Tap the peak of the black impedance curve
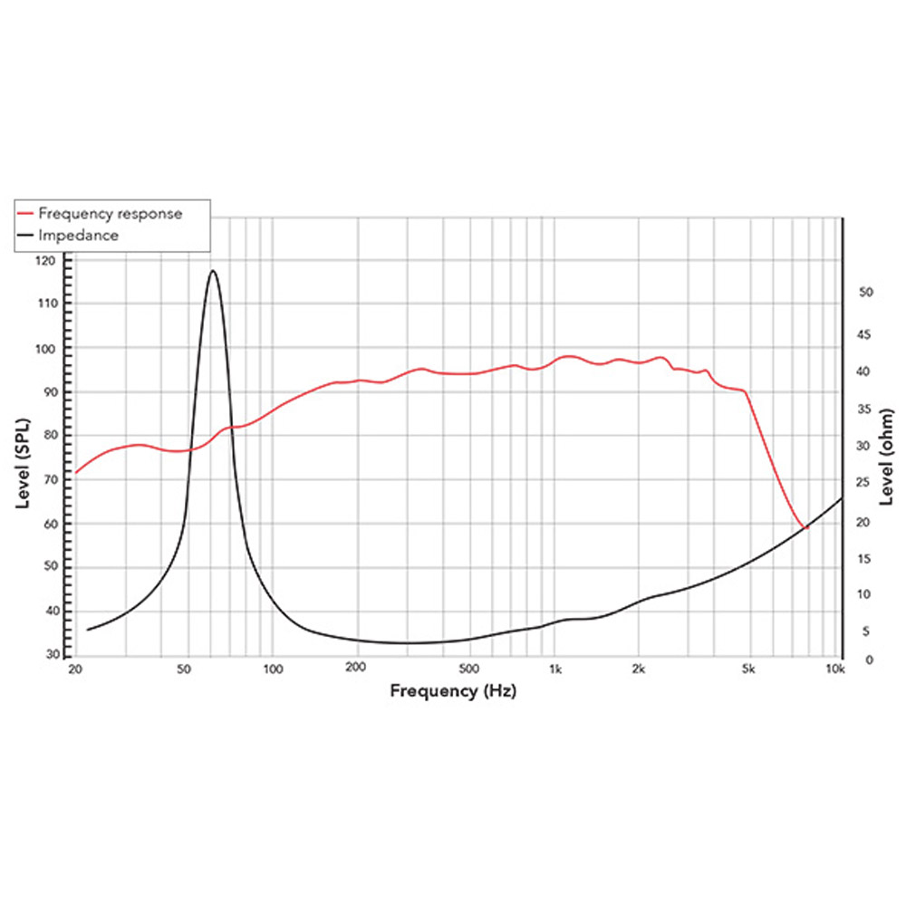coord(213,270)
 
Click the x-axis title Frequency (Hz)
coord(453,690)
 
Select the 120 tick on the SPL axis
coord(46,261)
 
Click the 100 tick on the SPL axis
coord(46,349)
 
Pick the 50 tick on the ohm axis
coord(865,293)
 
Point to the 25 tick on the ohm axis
coord(865,484)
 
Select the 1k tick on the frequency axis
coord(555,670)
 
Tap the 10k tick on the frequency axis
coord(835,670)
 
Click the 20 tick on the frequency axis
coord(75,670)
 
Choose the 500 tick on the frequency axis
coord(467,670)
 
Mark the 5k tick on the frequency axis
coord(747,670)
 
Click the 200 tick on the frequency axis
coord(355,670)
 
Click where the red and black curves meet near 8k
coord(804,527)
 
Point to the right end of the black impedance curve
coord(842,497)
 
